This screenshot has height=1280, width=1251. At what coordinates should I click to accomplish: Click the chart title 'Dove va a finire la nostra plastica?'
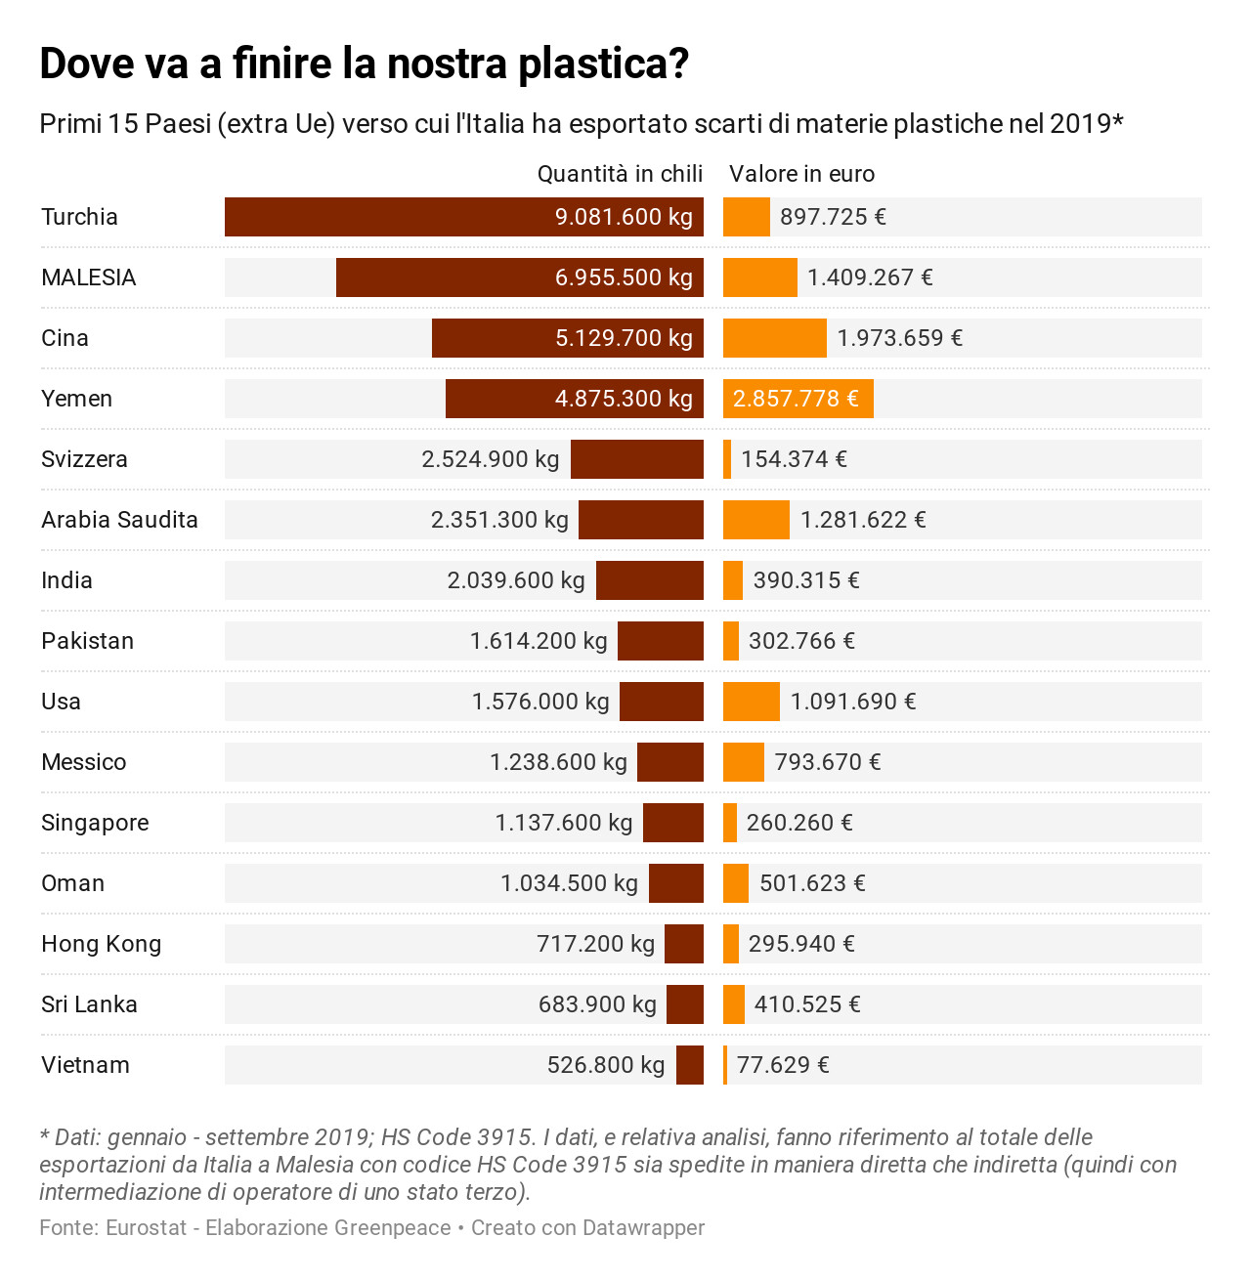point(364,64)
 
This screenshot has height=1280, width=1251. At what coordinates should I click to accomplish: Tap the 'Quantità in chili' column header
point(620,174)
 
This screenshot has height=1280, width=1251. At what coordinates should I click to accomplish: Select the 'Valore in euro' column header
point(801,174)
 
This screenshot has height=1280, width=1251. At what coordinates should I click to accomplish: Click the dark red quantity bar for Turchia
point(464,216)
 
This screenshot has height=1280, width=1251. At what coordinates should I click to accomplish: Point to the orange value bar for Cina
point(775,338)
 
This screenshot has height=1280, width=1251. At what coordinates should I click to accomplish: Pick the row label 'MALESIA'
point(88,277)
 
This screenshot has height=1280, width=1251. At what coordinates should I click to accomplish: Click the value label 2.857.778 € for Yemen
point(796,399)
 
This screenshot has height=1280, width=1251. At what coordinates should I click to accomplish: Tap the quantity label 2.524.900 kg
point(491,459)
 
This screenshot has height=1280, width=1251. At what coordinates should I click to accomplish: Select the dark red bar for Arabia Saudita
point(641,520)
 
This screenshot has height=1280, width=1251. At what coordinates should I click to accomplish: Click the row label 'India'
point(66,580)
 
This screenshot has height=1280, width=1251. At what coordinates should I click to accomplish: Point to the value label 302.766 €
point(801,641)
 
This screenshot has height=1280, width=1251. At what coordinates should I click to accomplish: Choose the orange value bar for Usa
point(752,702)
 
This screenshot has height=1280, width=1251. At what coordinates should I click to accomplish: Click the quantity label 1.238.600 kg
point(558,762)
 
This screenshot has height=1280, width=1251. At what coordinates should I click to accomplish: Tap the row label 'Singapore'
point(95,823)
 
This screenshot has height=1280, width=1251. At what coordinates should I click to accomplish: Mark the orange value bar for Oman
point(736,882)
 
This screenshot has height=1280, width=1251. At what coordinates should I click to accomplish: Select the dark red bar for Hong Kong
point(684,943)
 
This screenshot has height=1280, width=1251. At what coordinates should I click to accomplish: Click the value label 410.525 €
point(807,1003)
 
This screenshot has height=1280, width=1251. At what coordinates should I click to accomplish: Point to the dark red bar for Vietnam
point(690,1065)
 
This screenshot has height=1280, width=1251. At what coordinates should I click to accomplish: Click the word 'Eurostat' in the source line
point(146,1227)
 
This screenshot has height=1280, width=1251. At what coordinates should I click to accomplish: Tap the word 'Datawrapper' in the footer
point(644,1228)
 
